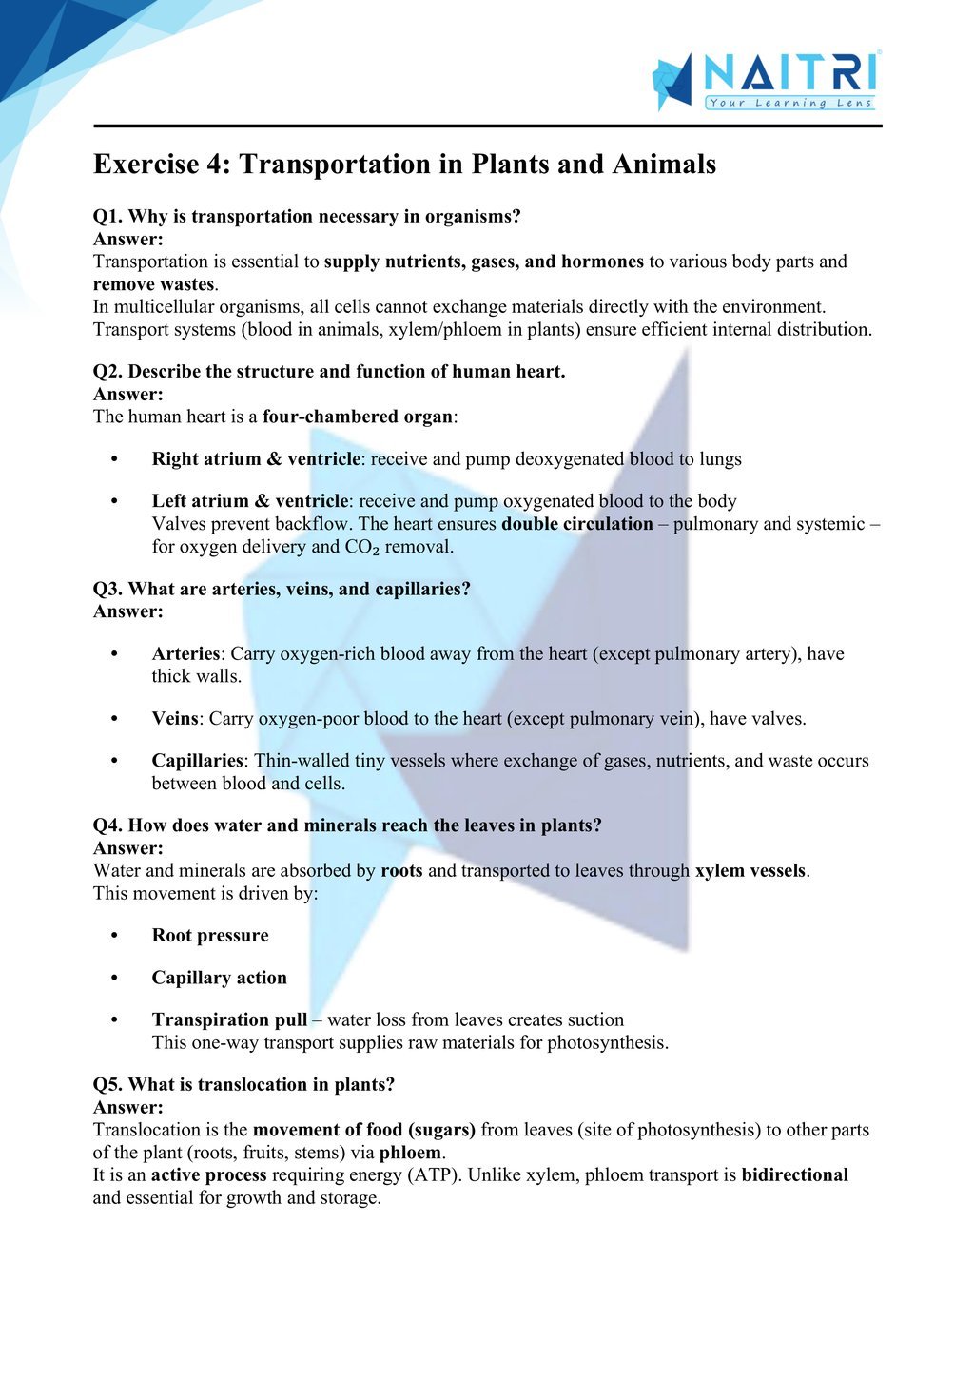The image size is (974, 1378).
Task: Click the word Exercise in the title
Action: pos(146,165)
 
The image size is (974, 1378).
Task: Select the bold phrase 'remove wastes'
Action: pos(153,284)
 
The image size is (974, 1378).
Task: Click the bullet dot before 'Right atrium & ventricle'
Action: pos(115,459)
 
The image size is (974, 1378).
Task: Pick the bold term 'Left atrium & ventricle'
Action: pos(250,501)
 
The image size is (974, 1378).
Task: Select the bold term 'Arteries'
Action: pos(185,654)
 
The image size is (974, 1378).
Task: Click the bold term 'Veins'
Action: pos(175,719)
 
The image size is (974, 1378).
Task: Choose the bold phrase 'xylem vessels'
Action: pos(750,871)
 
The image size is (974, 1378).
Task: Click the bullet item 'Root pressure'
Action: pos(210,936)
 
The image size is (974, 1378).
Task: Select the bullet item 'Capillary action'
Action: pos(219,978)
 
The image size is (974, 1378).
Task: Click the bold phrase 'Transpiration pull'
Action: pos(229,1020)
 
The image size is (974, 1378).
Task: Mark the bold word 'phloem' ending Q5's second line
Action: pos(410,1154)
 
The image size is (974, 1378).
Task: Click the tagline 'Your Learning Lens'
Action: pos(790,103)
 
